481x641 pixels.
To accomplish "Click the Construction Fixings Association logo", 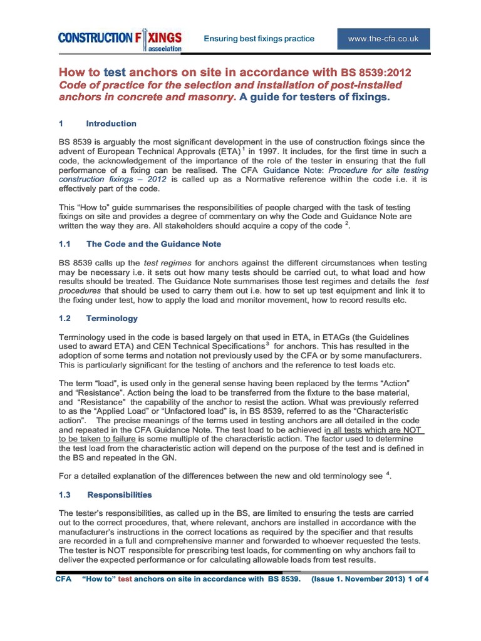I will [x=120, y=39].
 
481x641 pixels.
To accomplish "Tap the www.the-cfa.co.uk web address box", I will [x=383, y=39].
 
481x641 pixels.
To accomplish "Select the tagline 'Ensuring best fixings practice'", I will [x=259, y=39].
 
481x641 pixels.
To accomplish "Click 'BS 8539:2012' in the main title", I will [x=376, y=73].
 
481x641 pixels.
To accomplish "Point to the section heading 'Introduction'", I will [x=111, y=123].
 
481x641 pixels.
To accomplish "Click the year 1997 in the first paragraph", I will [x=261, y=151].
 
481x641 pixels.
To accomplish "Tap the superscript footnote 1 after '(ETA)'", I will [x=242, y=149].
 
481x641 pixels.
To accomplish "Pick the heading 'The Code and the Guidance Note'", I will [x=153, y=244].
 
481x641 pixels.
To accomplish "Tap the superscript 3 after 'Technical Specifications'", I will [x=267, y=343].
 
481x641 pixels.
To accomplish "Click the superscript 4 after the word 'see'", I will [x=389, y=474].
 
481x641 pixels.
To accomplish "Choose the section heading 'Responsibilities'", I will [x=119, y=495].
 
